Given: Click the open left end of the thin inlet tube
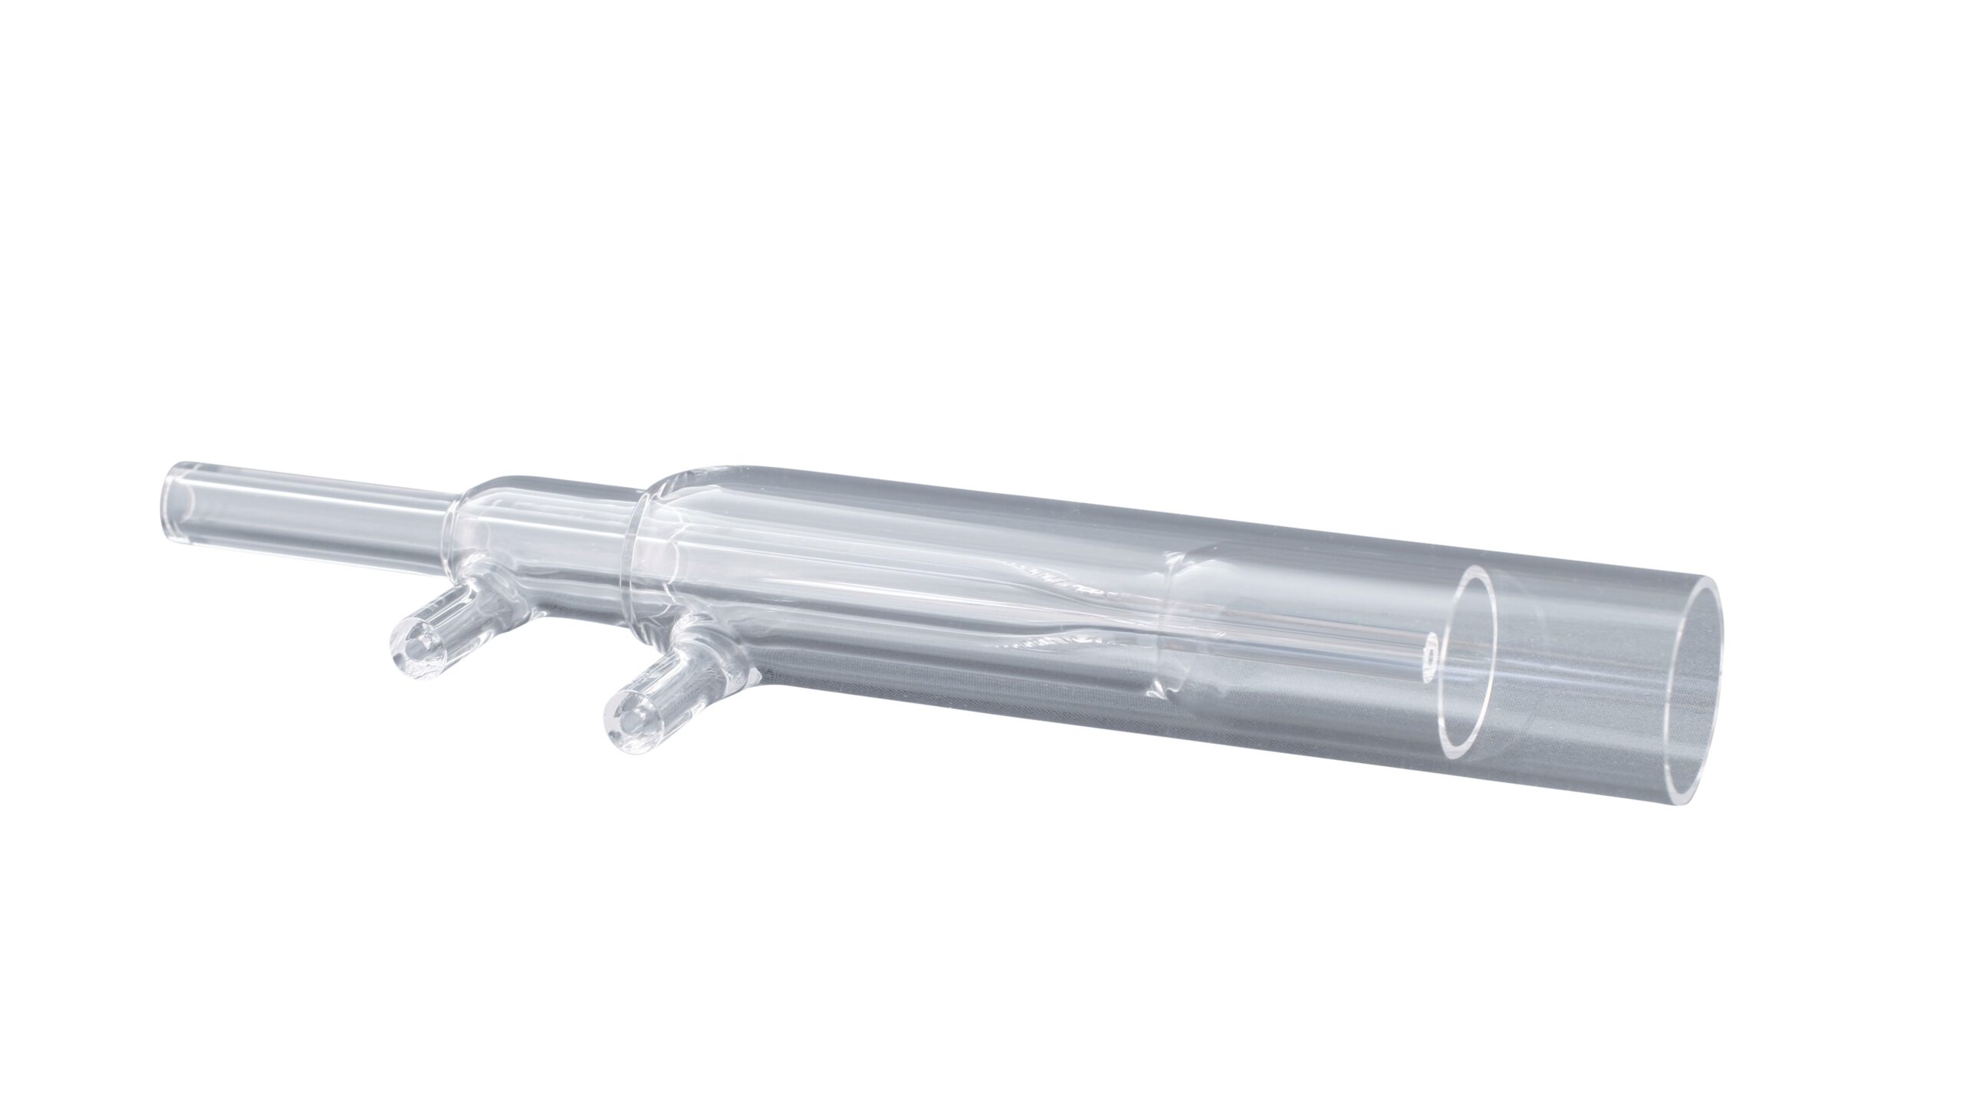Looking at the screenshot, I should pos(175,490).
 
